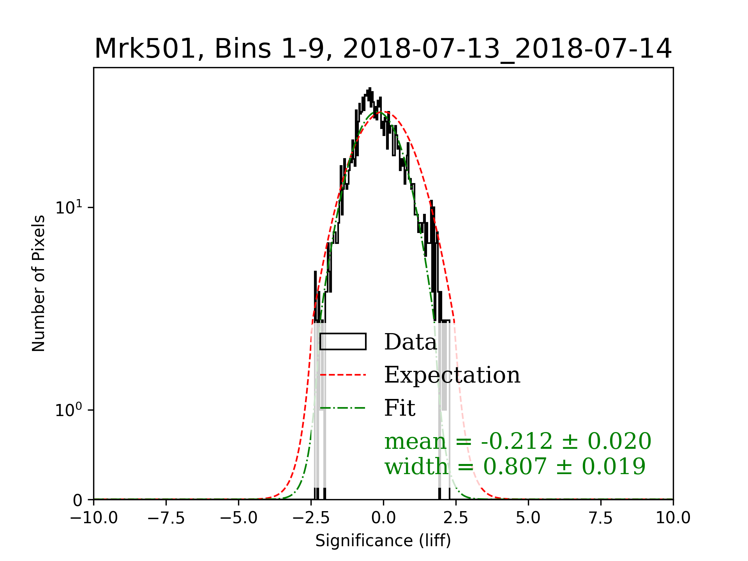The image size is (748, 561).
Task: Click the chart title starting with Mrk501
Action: [x=383, y=49]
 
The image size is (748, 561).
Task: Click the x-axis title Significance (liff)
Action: [x=383, y=541]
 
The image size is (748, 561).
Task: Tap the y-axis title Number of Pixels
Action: [x=39, y=283]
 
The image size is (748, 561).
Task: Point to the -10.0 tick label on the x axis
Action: [x=94, y=518]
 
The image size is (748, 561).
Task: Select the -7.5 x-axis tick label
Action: [x=166, y=518]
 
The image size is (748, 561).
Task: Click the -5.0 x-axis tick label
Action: [x=239, y=518]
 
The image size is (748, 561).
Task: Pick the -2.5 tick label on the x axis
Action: [x=311, y=518]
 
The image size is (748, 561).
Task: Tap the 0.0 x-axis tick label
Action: [x=383, y=518]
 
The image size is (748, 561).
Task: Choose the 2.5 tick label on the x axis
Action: [x=456, y=518]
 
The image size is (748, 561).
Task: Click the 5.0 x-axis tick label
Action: [x=528, y=518]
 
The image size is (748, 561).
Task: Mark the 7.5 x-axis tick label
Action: [x=601, y=518]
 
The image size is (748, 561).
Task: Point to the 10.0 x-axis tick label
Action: [x=673, y=518]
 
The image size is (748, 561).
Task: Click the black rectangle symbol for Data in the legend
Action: [x=343, y=342]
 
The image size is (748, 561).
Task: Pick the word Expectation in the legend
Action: [x=452, y=375]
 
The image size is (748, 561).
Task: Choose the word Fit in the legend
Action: [x=400, y=408]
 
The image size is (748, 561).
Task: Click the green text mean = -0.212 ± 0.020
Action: [x=518, y=441]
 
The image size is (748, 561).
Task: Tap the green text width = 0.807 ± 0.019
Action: [x=515, y=466]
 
